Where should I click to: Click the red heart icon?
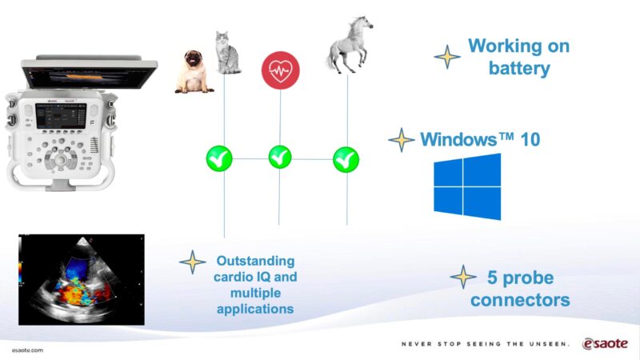279,70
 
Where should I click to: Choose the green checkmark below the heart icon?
280,157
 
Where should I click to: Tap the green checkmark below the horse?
346,158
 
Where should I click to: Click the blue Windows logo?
467,186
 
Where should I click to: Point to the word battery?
519,68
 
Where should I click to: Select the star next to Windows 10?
401,140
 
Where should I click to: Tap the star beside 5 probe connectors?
463,277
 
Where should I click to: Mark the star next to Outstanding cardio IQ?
192,262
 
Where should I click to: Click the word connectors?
520,301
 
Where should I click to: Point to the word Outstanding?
255,262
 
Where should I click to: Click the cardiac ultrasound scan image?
81,278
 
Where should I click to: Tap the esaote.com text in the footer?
27,351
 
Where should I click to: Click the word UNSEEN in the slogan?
548,344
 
